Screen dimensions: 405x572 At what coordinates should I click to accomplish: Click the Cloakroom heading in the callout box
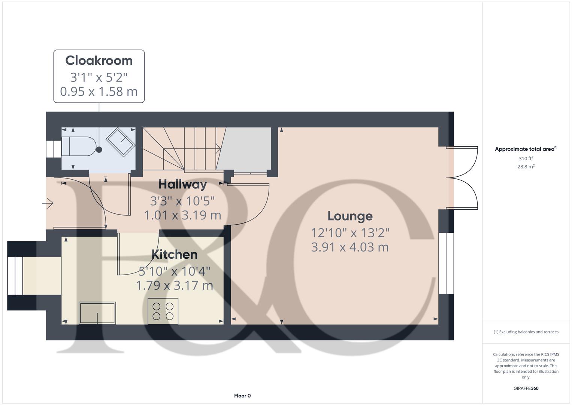99,60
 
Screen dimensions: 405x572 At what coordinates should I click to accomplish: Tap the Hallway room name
182,184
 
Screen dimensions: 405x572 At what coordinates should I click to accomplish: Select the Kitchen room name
174,254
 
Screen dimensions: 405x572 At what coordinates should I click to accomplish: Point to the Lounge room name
350,216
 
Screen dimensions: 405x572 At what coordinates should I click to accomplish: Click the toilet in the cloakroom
79,146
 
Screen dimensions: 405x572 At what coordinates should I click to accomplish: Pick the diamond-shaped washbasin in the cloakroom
121,142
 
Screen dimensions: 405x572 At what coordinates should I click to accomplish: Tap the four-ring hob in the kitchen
163,311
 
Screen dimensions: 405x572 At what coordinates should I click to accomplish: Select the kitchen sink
97,313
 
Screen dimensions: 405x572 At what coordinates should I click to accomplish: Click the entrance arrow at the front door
48,204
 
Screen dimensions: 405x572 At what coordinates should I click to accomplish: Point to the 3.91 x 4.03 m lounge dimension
350,247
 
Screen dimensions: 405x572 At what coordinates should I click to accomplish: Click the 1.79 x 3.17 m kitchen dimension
174,285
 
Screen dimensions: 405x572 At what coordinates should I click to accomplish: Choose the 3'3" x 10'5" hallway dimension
182,201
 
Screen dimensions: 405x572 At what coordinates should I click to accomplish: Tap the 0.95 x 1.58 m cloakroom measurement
99,91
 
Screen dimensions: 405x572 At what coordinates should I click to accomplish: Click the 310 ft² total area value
526,159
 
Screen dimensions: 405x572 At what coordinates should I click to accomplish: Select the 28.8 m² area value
526,167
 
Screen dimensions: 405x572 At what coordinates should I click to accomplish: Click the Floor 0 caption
242,396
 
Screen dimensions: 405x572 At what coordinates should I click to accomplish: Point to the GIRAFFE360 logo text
526,388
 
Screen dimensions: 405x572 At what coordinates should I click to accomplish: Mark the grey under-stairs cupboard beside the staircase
244,149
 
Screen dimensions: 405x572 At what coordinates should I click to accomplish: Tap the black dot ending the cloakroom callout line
99,150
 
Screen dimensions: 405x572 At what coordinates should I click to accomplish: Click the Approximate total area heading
525,149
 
